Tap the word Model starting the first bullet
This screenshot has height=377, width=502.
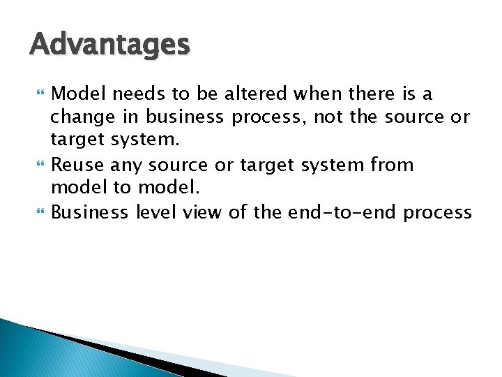tap(77, 94)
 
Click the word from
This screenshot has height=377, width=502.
tap(393, 165)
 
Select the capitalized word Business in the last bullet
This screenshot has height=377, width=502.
tap(90, 213)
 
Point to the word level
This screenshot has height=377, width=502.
tap(155, 213)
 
